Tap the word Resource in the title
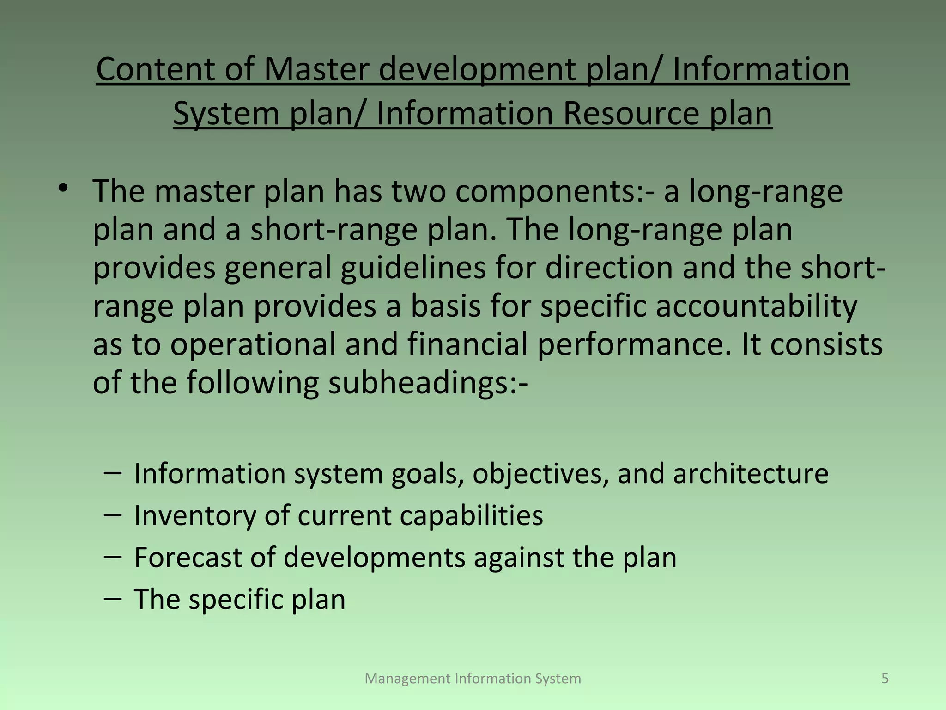click(630, 114)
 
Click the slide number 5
click(885, 679)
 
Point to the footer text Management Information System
click(473, 679)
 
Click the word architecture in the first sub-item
click(751, 474)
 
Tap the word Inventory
click(194, 515)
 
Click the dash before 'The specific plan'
click(113, 599)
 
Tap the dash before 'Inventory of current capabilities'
click(113, 514)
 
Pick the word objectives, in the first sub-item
click(540, 474)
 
